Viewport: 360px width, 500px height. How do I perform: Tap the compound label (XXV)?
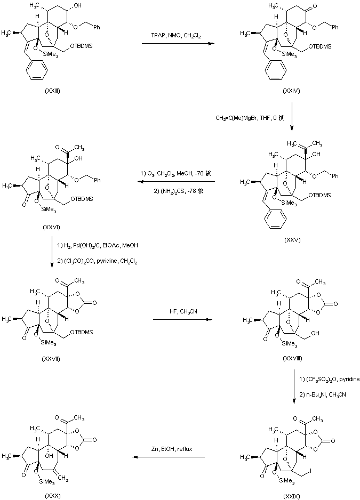tap(293, 240)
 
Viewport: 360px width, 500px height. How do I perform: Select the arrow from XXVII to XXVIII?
tap(178, 319)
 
